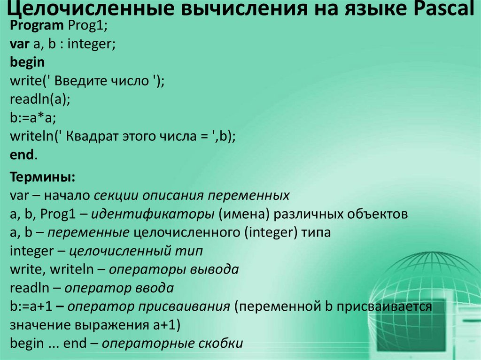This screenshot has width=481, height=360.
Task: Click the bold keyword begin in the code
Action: click(27, 62)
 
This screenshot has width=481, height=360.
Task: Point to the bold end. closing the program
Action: click(23, 154)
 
